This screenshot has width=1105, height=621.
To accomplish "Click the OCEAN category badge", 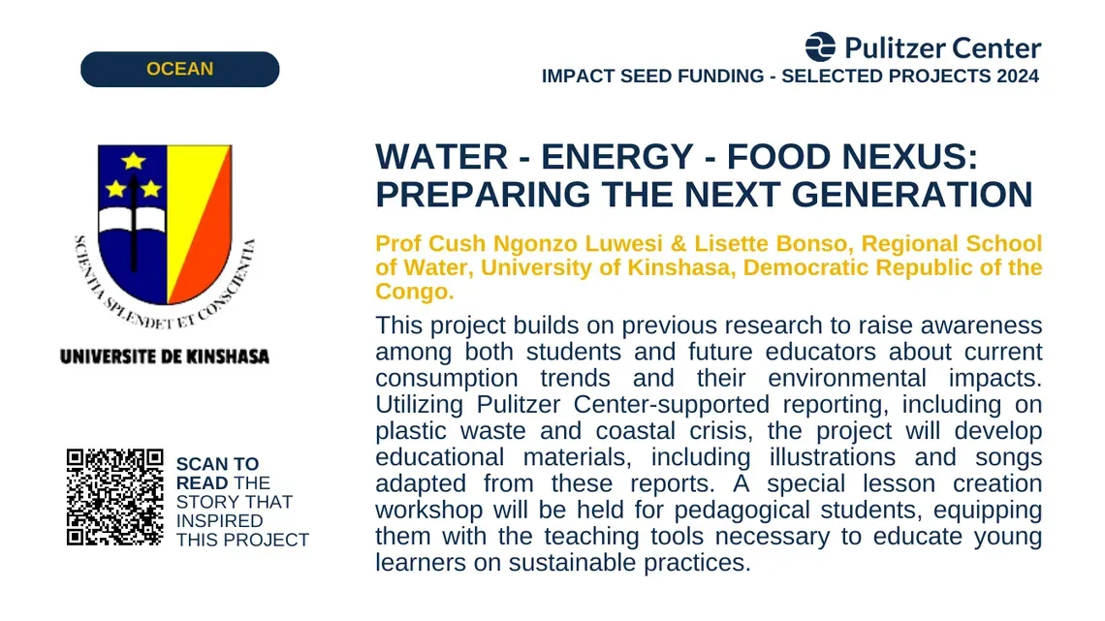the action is click(179, 69).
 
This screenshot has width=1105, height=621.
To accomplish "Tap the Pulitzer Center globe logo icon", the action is click(820, 47).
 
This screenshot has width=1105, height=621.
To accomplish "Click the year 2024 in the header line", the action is click(1018, 76).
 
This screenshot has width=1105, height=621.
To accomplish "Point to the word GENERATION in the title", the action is click(912, 195).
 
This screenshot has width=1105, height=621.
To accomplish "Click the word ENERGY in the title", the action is click(617, 156).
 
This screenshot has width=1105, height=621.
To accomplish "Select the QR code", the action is click(115, 497).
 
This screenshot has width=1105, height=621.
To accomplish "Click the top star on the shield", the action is click(133, 161).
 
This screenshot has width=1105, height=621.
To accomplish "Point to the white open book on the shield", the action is click(132, 220).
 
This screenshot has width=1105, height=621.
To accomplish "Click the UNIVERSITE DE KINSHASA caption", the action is click(165, 357).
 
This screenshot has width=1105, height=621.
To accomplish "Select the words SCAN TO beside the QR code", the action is click(217, 464).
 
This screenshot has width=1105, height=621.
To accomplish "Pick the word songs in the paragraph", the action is click(1008, 457).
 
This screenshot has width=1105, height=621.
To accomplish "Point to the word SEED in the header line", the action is click(642, 76).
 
